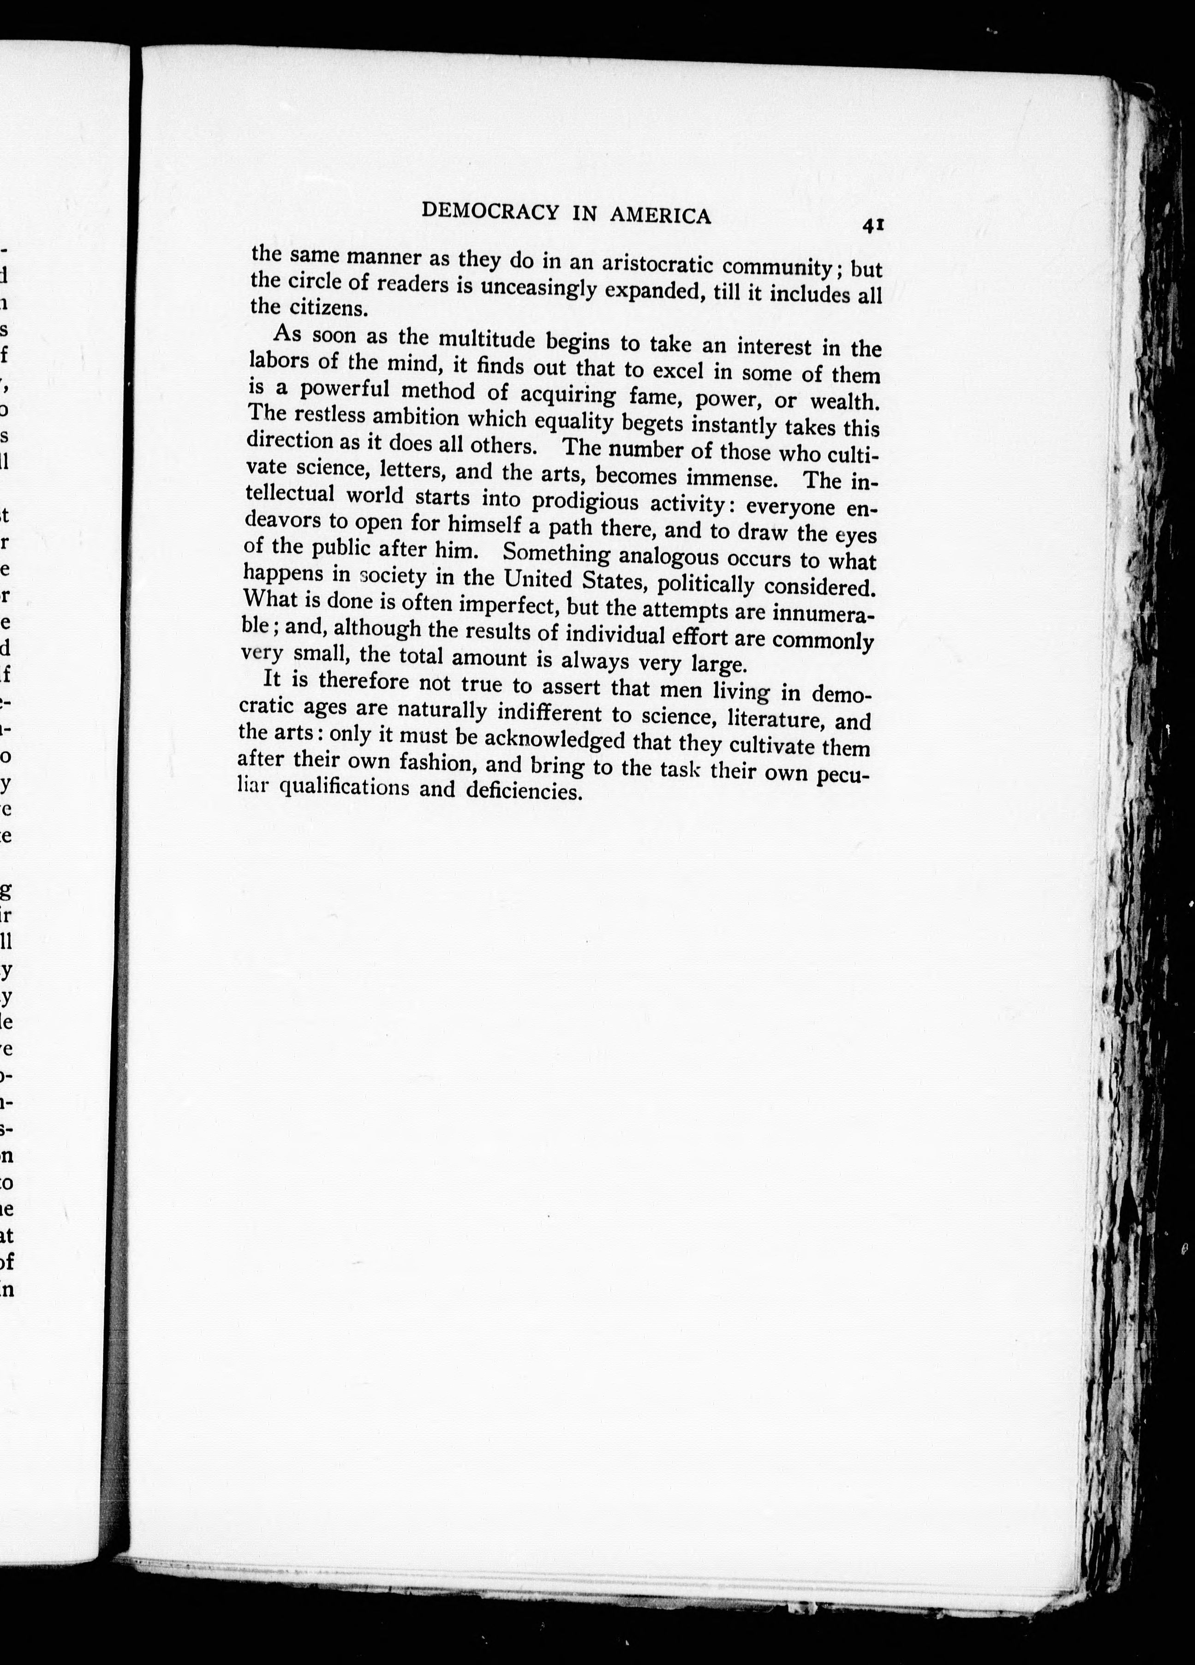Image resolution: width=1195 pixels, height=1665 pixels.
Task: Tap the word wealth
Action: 844,402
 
